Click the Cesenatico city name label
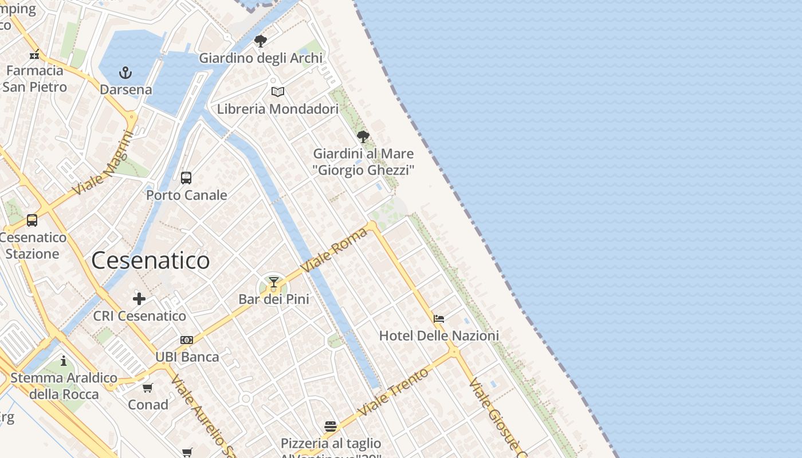[150, 260]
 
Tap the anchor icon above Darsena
[125, 73]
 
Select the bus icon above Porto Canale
[186, 178]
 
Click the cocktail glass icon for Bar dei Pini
[274, 282]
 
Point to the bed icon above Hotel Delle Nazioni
[439, 319]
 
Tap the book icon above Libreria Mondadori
[278, 92]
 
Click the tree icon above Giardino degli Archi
[261, 41]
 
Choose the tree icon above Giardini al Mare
[363, 137]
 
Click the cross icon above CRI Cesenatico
[139, 299]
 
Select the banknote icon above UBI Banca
[187, 340]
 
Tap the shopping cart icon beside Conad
[148, 388]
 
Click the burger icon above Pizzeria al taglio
[331, 426]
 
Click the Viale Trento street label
[393, 392]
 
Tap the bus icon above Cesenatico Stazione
[32, 220]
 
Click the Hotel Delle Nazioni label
[439, 335]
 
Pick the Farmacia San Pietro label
[34, 78]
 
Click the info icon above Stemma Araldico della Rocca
[64, 361]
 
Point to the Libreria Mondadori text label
[278, 109]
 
